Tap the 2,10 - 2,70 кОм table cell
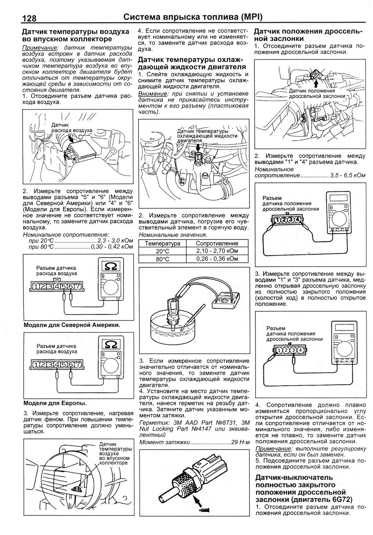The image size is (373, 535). coord(217,251)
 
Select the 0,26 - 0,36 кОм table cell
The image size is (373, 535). coord(217,259)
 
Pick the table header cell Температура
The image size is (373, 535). coord(162,244)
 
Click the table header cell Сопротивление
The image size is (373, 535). coord(217,244)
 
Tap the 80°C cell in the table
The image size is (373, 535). coord(162,259)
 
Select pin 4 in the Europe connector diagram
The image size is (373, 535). coord(57,364)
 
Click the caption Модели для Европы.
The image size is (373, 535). coord(55,403)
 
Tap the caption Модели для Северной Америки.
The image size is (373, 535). coord(72,325)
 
